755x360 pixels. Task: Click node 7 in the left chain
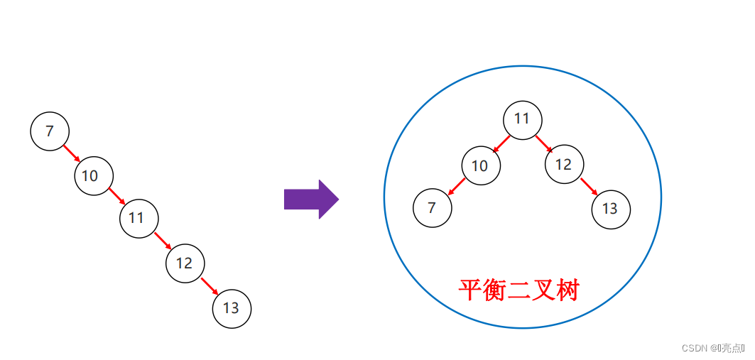(50, 131)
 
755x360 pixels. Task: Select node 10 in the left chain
(94, 175)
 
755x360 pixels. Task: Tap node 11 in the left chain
(138, 218)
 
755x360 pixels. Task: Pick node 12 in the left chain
(185, 263)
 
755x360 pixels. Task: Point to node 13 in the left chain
(232, 309)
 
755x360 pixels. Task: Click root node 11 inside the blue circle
(523, 119)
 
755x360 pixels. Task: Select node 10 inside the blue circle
(481, 166)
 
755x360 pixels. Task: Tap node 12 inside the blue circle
(564, 165)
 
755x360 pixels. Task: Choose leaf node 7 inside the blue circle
(433, 208)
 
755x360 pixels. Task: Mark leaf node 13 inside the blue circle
(611, 209)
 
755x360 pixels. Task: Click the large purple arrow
(311, 200)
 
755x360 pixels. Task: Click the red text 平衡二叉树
(519, 290)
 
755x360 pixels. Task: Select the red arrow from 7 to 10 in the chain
(72, 153)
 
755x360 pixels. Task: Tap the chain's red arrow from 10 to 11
(116, 197)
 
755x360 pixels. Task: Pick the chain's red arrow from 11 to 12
(162, 241)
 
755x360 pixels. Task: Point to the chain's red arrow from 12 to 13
(208, 286)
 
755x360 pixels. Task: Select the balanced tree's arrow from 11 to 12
(544, 143)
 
